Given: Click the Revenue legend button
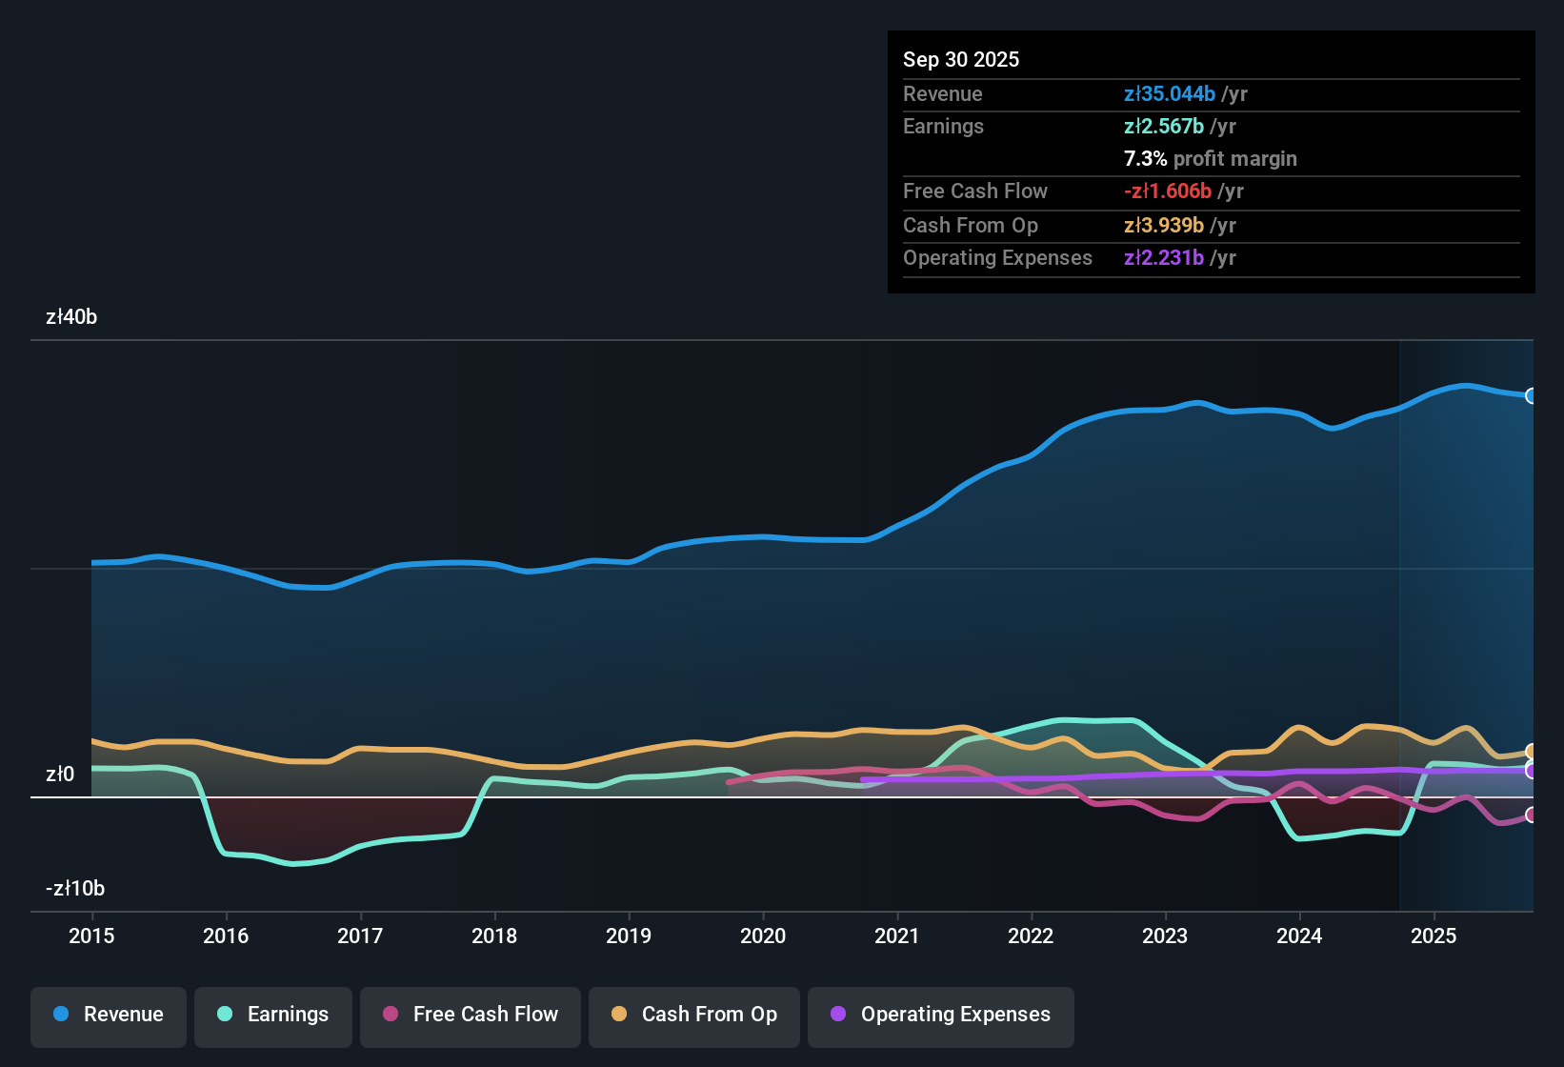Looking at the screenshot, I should (x=109, y=1015).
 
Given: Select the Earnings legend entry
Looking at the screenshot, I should (x=273, y=1015).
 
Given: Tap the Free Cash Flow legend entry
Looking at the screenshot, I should (x=471, y=1015).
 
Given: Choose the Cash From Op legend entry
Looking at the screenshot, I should (x=694, y=1015).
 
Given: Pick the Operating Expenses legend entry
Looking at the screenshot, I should (x=941, y=1015).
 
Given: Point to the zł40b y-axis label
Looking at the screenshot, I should (x=71, y=317).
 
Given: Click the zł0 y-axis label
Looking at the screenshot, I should (x=60, y=775).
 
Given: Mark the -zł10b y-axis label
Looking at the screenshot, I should (x=75, y=889).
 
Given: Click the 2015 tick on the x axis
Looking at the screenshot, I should (x=91, y=936).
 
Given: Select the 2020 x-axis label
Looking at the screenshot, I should (x=763, y=936).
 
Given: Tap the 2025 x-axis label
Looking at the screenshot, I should (x=1434, y=936).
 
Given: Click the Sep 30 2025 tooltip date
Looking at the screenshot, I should (x=961, y=60).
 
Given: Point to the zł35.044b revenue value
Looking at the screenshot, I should (x=1169, y=94).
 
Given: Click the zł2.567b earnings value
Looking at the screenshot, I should (x=1163, y=127).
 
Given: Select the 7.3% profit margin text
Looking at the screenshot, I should (x=1210, y=159).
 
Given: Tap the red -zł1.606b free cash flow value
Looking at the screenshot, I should (x=1167, y=191).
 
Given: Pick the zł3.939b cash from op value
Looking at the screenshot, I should (x=1163, y=226).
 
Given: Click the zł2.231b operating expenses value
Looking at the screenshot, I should (x=1163, y=258).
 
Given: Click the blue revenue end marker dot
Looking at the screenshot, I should (x=1531, y=396).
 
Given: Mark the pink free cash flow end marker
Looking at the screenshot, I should (x=1531, y=815).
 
